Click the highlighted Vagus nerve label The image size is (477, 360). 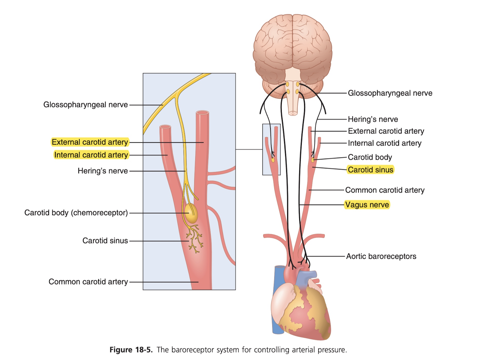point(367,205)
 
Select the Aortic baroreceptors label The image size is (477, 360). point(381,256)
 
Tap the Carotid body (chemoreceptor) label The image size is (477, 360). point(76,213)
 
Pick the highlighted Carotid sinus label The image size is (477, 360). point(370,170)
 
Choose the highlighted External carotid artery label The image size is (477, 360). point(90,142)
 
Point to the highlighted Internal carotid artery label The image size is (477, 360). point(91,155)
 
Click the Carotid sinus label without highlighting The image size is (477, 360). point(105,241)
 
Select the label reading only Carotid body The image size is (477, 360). point(370,157)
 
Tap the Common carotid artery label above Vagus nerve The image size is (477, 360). point(385,190)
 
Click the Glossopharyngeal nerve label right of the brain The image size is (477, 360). point(390,93)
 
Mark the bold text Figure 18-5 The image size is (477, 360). point(131,350)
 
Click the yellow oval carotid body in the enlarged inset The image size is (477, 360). point(191,213)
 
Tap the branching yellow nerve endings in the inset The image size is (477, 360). point(195,238)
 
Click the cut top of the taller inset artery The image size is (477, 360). point(202,113)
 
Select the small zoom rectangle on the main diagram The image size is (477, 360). point(271,149)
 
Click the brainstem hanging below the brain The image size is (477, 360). point(292,100)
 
